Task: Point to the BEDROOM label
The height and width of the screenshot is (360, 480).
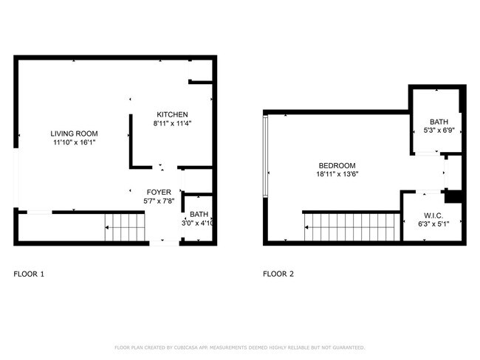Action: [337, 165]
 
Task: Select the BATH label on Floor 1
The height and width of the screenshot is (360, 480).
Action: [199, 214]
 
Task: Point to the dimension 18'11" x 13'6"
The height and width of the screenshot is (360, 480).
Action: [337, 175]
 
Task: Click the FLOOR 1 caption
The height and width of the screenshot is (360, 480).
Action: [29, 274]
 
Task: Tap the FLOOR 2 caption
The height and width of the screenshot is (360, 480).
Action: [278, 274]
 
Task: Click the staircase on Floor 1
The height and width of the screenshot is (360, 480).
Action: [123, 227]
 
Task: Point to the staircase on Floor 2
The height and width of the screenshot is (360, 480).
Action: [352, 227]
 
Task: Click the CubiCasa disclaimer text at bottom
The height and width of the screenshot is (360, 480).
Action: [239, 347]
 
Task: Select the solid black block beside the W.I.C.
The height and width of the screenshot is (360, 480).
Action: [453, 197]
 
